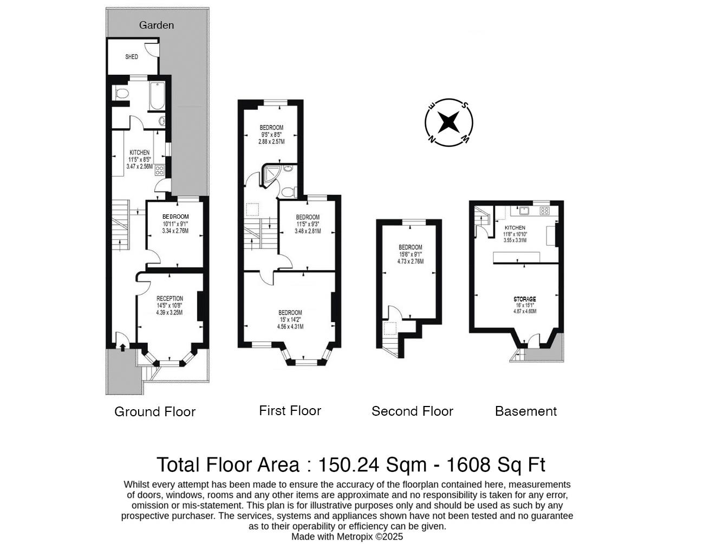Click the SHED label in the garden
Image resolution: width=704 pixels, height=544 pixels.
(x=132, y=57)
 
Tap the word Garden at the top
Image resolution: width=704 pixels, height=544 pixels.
(x=157, y=25)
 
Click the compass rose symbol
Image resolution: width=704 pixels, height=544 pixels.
(x=448, y=122)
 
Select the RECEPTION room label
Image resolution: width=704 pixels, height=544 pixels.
(x=170, y=298)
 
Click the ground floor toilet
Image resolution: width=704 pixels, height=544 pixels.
(x=121, y=94)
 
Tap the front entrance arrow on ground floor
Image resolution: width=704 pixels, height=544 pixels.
(x=122, y=347)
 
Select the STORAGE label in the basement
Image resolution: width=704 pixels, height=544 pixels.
(x=524, y=299)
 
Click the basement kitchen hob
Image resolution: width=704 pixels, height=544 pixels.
(x=544, y=211)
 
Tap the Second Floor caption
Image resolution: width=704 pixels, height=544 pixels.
(x=412, y=411)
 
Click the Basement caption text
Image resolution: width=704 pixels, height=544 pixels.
(x=525, y=411)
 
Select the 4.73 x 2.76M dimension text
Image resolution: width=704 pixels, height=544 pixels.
(x=410, y=261)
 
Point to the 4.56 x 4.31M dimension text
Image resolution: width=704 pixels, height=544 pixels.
(x=290, y=326)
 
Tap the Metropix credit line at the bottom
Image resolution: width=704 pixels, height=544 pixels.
(x=347, y=537)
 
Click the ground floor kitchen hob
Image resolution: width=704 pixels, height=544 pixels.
(x=160, y=171)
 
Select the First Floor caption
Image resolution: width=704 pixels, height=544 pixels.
(x=290, y=411)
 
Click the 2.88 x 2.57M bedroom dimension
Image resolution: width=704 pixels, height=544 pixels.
(x=271, y=141)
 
